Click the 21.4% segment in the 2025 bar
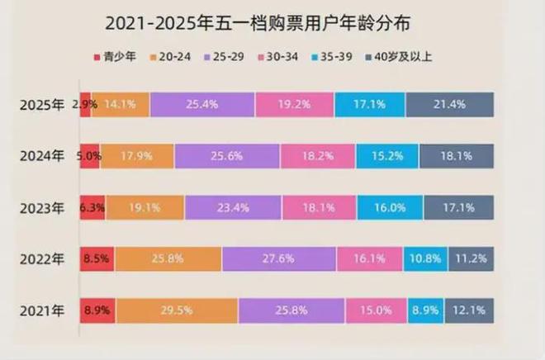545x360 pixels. tap(450, 105)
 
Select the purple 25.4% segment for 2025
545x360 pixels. tap(202, 105)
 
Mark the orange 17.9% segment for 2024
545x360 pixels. tap(137, 156)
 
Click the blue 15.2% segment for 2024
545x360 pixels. tap(387, 156)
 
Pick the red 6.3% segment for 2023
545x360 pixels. tap(92, 208)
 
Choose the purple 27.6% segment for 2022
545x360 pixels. tap(279, 260)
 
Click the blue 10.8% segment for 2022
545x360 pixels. tap(426, 260)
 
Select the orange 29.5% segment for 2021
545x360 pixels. tap(177, 311)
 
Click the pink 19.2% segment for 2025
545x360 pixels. tap(295, 105)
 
